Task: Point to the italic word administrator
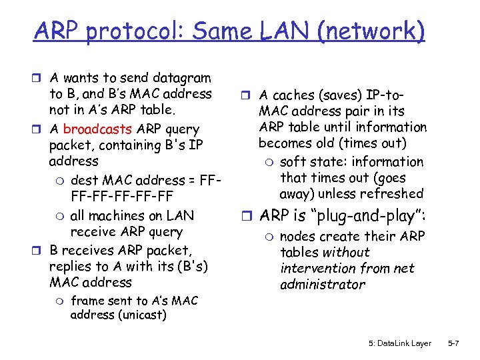coord(323,285)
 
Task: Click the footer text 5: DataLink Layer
coord(399,343)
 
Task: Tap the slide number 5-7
coord(453,343)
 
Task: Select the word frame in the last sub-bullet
coord(86,301)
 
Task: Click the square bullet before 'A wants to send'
coord(39,79)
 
